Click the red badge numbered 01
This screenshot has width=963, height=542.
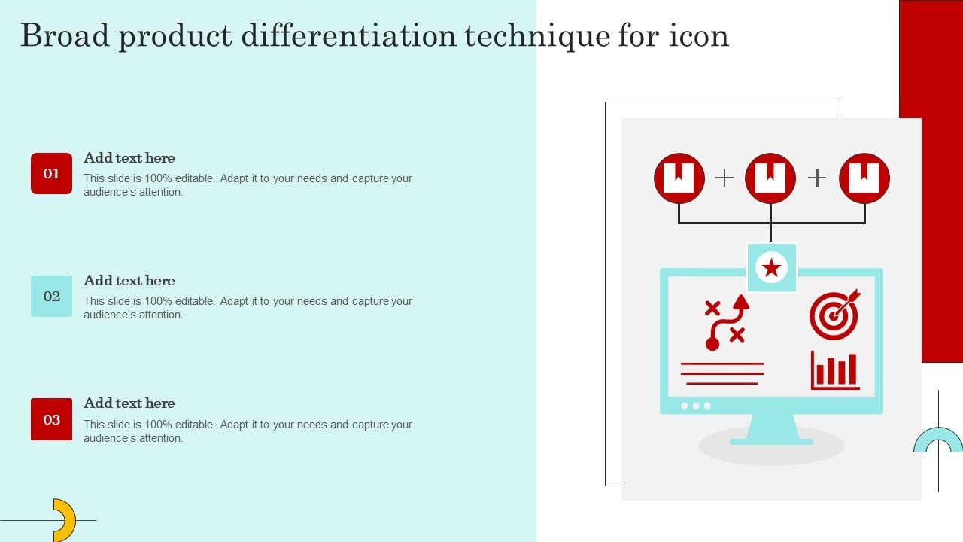click(x=51, y=173)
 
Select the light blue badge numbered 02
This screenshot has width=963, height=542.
click(x=51, y=296)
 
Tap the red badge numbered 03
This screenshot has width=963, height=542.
click(x=51, y=419)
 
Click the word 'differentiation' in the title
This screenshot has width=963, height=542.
click(x=348, y=35)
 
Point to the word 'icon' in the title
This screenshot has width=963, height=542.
click(x=699, y=35)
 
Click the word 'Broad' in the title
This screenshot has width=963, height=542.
click(x=65, y=35)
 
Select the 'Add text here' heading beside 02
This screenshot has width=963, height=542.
click(x=129, y=281)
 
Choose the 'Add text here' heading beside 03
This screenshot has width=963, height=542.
click(x=129, y=403)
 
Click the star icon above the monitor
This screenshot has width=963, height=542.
click(x=771, y=267)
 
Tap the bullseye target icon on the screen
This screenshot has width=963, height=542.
click(x=834, y=315)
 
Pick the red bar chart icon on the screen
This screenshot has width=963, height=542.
click(x=835, y=370)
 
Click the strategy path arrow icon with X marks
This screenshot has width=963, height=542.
click(x=727, y=322)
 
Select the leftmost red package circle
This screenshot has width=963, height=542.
click(x=679, y=178)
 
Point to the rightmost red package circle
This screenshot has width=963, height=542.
click(x=864, y=178)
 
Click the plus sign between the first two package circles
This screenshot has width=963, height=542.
click(x=725, y=178)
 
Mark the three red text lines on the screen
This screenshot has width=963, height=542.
click(x=722, y=373)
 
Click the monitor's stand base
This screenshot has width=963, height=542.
click(x=771, y=442)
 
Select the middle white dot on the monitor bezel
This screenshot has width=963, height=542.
click(x=696, y=406)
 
